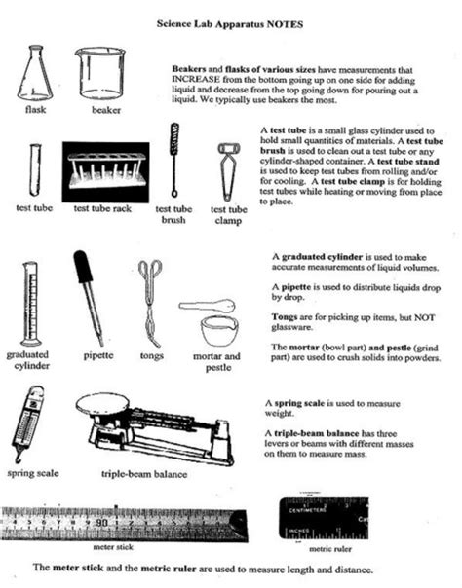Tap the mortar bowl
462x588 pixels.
[222, 329]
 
